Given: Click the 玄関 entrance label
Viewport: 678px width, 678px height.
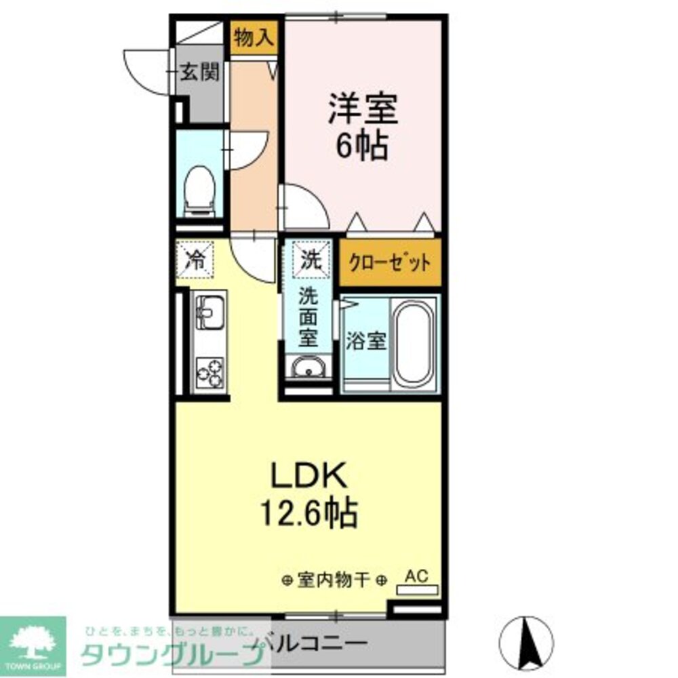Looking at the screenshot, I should [x=199, y=73].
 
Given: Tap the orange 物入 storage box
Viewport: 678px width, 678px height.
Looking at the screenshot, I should [x=254, y=39].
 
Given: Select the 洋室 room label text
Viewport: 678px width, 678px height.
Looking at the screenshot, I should [x=363, y=108].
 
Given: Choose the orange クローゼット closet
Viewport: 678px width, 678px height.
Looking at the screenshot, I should [x=389, y=262].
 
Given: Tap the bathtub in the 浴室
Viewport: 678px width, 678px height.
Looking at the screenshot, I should [x=414, y=343].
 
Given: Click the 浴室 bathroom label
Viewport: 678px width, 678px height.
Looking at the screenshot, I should [x=366, y=341].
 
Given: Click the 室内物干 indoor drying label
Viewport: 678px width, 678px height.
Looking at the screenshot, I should [x=334, y=580].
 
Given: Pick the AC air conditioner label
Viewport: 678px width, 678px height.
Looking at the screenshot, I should [x=417, y=576].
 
